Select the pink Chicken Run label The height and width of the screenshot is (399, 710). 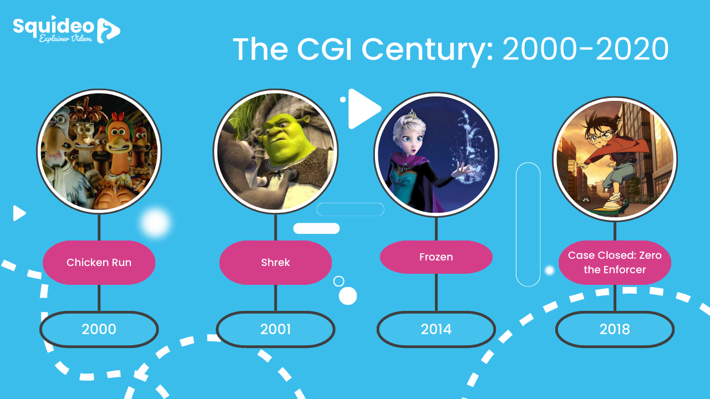tap(99, 262)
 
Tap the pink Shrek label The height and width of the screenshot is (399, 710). tap(276, 262)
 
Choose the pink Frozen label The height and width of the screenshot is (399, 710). tap(436, 257)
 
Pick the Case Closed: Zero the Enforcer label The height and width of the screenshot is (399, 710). tap(615, 263)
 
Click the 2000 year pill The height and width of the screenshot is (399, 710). tap(99, 329)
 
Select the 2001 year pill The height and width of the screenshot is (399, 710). tap(276, 329)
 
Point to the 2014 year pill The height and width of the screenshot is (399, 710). tap(436, 329)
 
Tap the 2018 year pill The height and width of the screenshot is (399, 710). tap(615, 329)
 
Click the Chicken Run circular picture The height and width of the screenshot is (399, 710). tap(99, 151)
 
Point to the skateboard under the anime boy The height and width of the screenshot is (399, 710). tap(607, 208)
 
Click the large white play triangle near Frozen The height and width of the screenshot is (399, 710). tap(362, 109)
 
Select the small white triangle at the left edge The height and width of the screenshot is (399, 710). tap(19, 213)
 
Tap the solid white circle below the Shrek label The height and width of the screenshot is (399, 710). tap(348, 296)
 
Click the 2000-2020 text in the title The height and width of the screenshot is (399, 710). tap(585, 50)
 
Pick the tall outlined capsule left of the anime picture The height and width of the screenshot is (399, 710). tap(528, 224)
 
